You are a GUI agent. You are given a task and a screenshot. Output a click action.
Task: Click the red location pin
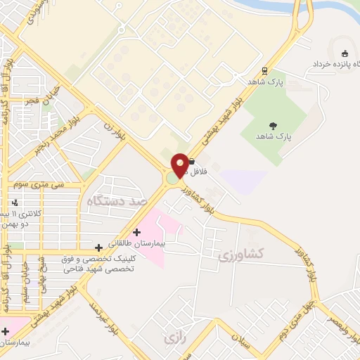180,166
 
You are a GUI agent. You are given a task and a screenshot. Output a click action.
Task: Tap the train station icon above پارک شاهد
264,71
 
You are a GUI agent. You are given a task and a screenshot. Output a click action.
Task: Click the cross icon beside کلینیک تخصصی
98,248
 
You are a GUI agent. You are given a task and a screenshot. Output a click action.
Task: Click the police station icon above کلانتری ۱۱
15,203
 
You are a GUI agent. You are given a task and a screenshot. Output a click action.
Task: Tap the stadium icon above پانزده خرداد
345,53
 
